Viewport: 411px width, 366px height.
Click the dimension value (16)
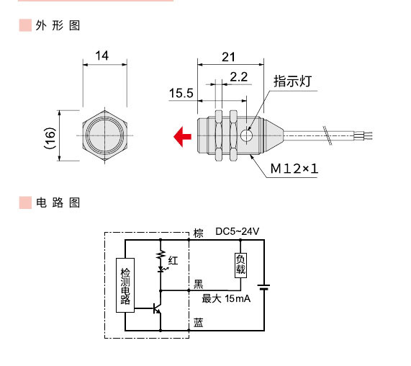tap(50, 136)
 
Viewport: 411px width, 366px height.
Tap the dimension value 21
tap(229, 57)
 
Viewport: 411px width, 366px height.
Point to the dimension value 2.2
tap(239, 76)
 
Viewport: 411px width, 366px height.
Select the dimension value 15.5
tap(181, 94)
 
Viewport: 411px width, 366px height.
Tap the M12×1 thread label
tap(294, 169)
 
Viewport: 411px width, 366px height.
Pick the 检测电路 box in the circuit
tap(125, 285)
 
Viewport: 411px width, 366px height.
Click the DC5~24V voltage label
tap(237, 231)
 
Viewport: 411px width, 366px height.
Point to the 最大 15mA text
tap(226, 298)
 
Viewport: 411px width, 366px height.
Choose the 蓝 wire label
tap(199, 322)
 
